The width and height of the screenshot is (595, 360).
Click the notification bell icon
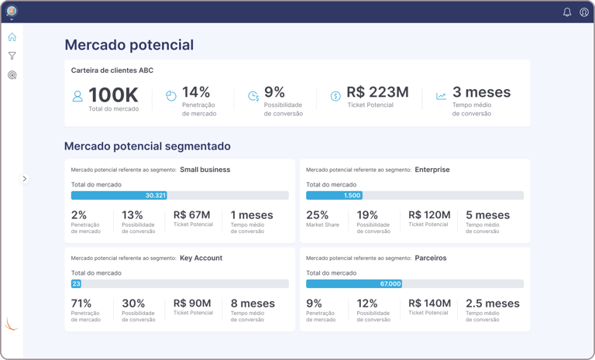click(x=567, y=12)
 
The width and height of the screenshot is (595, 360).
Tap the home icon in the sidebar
click(x=12, y=37)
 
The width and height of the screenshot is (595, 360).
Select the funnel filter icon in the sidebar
click(x=12, y=56)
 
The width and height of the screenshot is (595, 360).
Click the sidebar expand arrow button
click(x=24, y=179)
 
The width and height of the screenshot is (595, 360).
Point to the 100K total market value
click(x=113, y=95)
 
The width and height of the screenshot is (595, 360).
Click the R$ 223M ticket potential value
click(x=377, y=92)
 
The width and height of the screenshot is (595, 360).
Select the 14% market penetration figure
click(x=196, y=92)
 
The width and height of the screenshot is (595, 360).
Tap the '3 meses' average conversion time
click(x=481, y=92)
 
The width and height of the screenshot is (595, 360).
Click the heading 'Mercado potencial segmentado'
click(x=147, y=146)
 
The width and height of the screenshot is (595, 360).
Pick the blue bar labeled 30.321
click(x=119, y=195)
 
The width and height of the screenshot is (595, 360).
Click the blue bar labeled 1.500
click(x=334, y=195)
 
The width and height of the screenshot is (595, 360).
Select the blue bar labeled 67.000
click(x=354, y=284)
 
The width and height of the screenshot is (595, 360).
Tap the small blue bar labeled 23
click(x=76, y=284)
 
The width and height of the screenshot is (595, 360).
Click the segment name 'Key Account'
click(x=201, y=258)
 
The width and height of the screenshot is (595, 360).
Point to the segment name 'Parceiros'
click(x=431, y=258)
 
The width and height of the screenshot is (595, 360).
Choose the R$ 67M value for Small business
click(x=192, y=215)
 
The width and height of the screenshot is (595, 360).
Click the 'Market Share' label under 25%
click(x=324, y=225)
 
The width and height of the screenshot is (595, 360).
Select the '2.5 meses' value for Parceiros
click(x=493, y=303)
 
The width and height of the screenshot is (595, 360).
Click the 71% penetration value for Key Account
click(x=81, y=303)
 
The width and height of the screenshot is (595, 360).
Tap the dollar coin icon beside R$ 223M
click(x=335, y=96)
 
